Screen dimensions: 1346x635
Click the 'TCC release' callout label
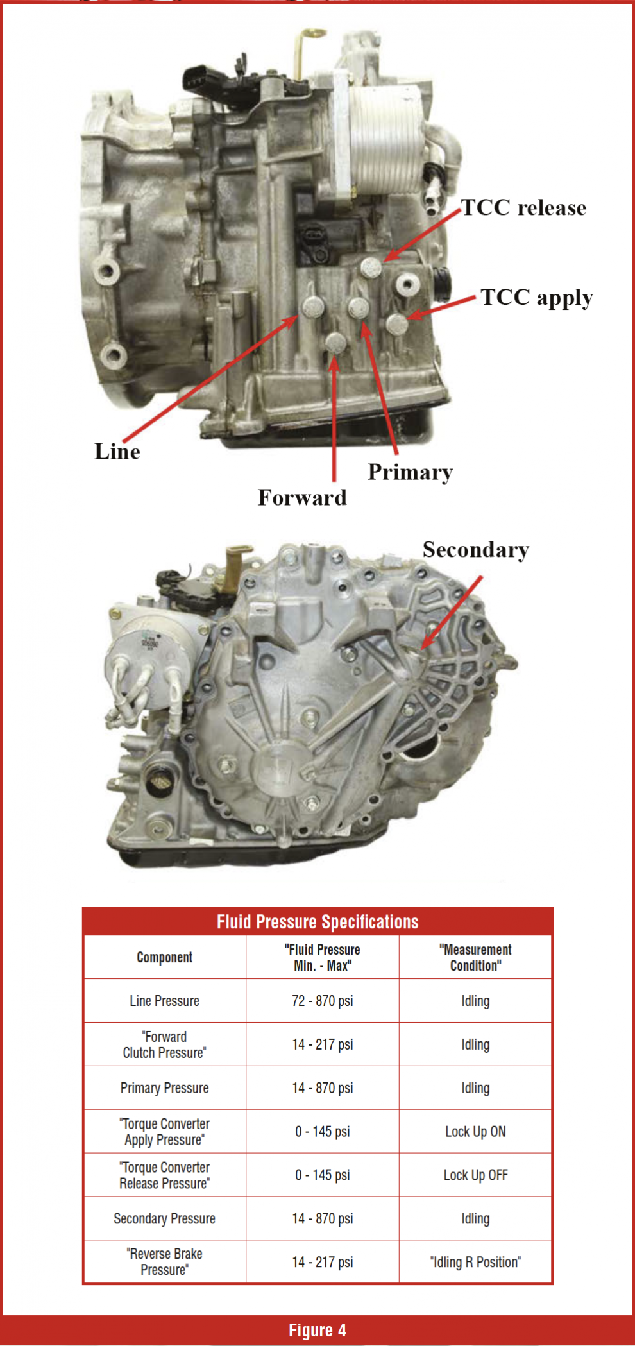(523, 208)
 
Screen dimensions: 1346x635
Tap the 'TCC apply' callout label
(536, 298)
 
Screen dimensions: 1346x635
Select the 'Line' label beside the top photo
(117, 452)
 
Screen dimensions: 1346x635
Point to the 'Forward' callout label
(302, 498)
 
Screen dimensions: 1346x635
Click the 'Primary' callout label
(411, 473)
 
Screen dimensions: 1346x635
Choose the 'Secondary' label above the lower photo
(475, 550)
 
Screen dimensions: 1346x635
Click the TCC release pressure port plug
(371, 268)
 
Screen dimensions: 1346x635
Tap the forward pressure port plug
(335, 342)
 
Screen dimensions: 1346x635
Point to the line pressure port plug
(313, 307)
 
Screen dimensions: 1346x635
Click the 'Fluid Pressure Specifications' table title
(317, 922)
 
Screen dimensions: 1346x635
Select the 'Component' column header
(164, 957)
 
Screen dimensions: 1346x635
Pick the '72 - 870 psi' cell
(322, 1001)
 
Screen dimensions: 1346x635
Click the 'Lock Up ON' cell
(475, 1132)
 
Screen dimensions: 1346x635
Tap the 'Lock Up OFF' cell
(475, 1175)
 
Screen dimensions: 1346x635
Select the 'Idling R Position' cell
(475, 1262)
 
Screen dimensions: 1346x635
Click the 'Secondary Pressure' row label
(164, 1218)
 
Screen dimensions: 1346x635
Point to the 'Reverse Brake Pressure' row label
(164, 1261)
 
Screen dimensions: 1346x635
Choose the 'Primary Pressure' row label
(164, 1088)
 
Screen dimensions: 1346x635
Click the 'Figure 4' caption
(317, 1331)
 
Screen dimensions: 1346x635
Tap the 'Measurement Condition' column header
(475, 957)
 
